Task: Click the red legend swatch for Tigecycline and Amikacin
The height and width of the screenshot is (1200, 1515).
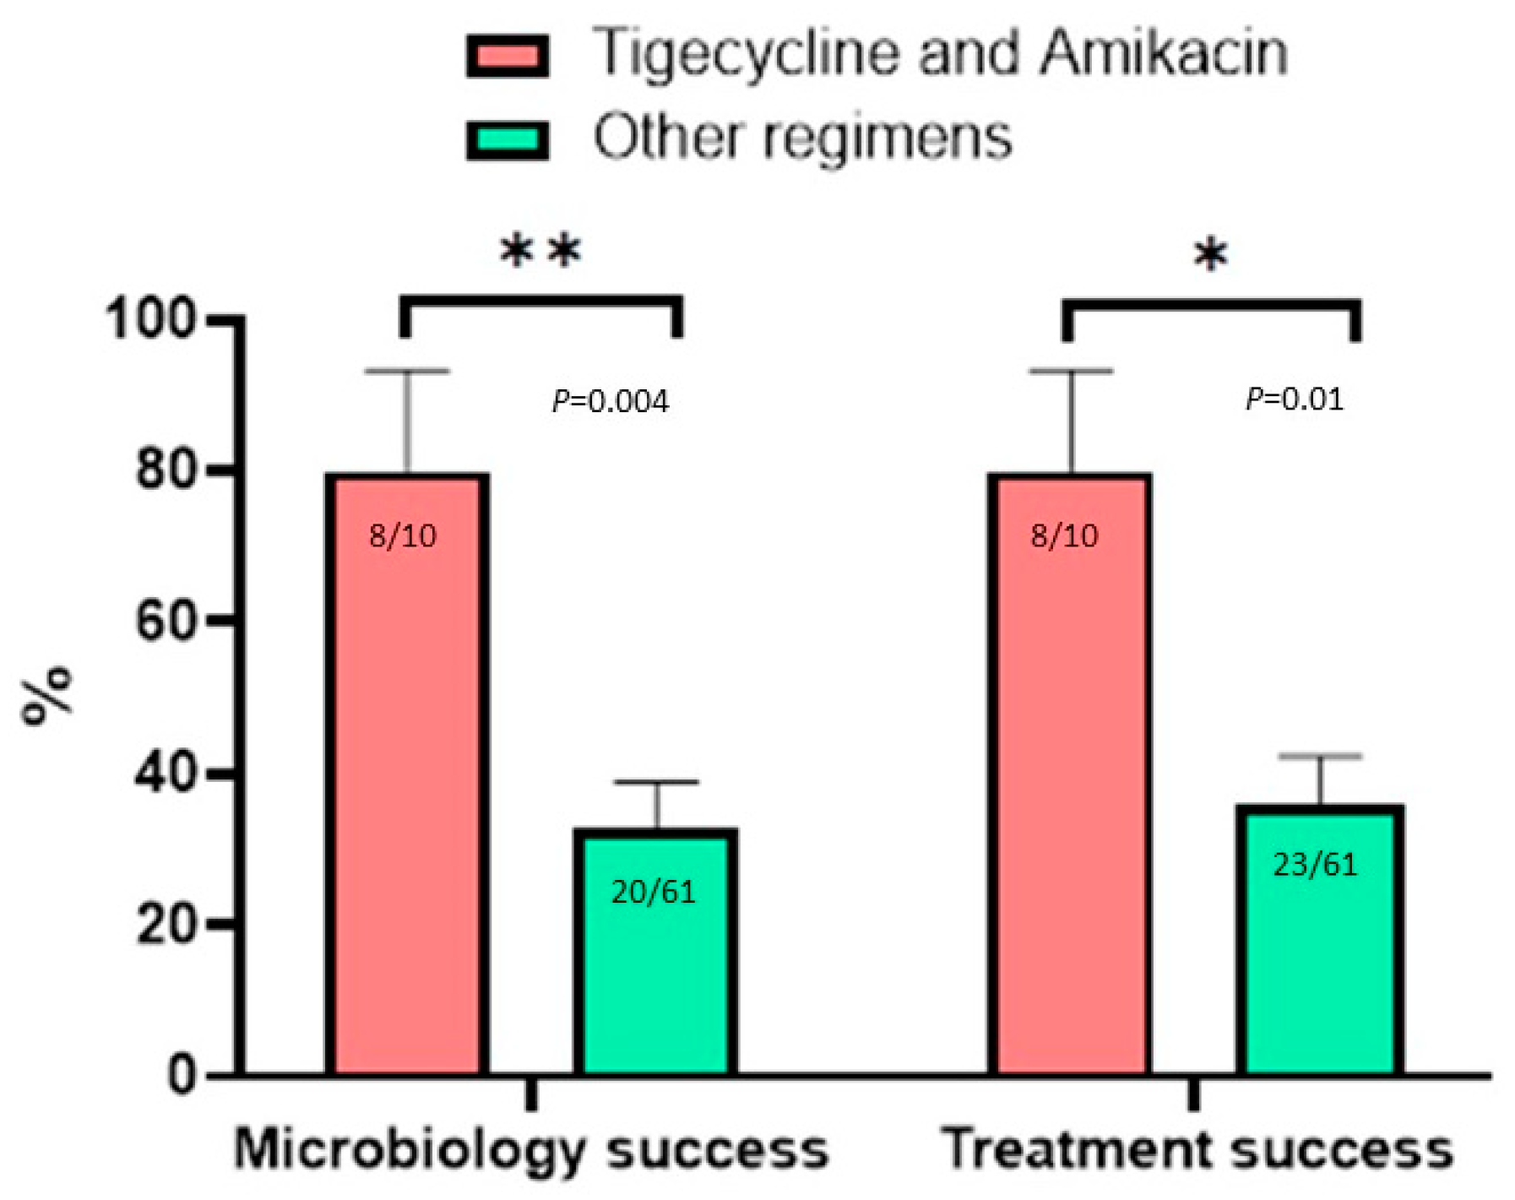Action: pos(508,57)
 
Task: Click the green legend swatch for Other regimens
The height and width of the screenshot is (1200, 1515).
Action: pos(508,139)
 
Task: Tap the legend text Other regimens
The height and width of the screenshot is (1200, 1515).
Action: pos(801,138)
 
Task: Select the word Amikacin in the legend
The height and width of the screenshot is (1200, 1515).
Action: pos(1163,53)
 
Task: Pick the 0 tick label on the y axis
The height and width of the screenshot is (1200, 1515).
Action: pos(182,1076)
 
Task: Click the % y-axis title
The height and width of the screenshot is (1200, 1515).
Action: pos(48,696)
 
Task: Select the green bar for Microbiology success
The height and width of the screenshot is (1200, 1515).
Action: pos(655,971)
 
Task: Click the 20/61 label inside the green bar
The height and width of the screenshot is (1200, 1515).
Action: pos(653,893)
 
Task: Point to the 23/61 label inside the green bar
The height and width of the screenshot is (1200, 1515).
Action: pos(1315,865)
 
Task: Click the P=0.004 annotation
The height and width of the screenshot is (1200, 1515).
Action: pos(610,401)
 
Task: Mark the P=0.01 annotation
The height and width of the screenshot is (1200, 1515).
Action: pos(1294,399)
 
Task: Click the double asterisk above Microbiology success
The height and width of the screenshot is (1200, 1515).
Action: pos(540,252)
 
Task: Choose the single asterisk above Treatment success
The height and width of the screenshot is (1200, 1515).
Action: pos(1210,255)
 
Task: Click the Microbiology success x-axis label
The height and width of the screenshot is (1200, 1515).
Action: pos(531,1150)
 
